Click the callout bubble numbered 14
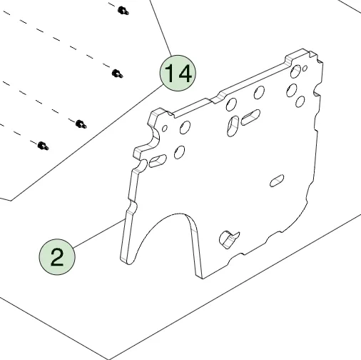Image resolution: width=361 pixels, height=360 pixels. (178, 73)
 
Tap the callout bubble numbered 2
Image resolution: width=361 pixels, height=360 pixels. (57, 257)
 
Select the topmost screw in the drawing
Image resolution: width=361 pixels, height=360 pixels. (123, 11)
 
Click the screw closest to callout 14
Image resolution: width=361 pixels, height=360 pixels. (117, 74)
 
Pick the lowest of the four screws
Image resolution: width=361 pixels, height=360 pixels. (43, 146)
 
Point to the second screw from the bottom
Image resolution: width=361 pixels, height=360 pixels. (81, 124)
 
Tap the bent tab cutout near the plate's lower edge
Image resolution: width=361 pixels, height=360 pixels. (229, 239)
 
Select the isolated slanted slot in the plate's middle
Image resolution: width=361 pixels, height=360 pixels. (277, 181)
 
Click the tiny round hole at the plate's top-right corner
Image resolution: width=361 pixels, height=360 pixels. (305, 69)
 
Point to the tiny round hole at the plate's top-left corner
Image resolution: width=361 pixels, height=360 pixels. (164, 129)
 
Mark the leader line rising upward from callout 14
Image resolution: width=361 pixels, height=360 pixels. (161, 28)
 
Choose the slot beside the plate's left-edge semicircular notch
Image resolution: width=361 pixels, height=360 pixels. (158, 161)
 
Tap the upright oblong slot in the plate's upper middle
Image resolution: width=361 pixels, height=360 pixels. (233, 126)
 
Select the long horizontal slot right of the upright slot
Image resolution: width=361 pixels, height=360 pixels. (250, 117)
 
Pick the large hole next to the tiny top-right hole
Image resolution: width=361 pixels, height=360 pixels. (295, 71)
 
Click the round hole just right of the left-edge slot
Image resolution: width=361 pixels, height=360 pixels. (179, 152)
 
